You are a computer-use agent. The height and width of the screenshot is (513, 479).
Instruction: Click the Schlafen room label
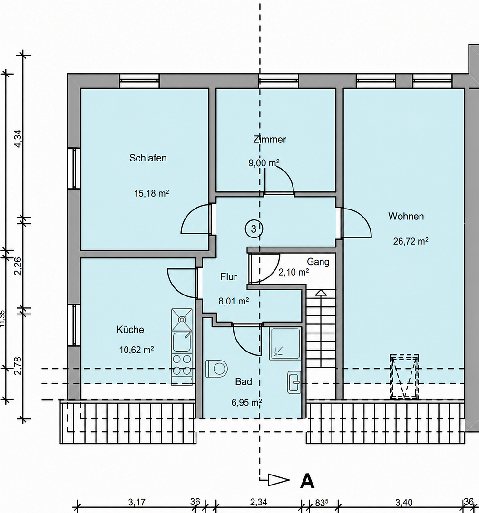(x=148, y=158)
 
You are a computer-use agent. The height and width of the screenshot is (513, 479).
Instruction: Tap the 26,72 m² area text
(x=411, y=241)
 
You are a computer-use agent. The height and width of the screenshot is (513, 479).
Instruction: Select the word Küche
(x=130, y=329)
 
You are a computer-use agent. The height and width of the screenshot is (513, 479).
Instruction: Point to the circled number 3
(x=254, y=228)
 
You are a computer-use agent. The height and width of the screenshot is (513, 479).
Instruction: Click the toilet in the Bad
(x=216, y=369)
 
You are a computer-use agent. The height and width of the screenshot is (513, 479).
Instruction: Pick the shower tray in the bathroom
(x=285, y=343)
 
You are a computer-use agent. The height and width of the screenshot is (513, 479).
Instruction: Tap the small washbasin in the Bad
(x=294, y=382)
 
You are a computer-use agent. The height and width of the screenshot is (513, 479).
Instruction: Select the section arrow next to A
(x=278, y=480)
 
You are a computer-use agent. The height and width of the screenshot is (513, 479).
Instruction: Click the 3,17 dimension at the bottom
(x=137, y=502)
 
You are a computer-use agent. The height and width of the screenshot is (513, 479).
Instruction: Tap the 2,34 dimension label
(x=258, y=502)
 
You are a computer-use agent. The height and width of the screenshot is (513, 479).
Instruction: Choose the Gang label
(x=318, y=262)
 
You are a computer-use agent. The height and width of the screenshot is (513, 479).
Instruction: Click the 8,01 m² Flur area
(x=234, y=301)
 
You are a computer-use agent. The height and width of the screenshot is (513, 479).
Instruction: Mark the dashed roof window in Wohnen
(x=404, y=377)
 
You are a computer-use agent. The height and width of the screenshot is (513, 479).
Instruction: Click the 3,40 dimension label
(x=404, y=502)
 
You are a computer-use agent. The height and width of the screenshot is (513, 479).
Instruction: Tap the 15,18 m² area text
(x=151, y=193)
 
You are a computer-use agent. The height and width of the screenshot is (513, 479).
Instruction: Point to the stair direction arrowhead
(x=321, y=293)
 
